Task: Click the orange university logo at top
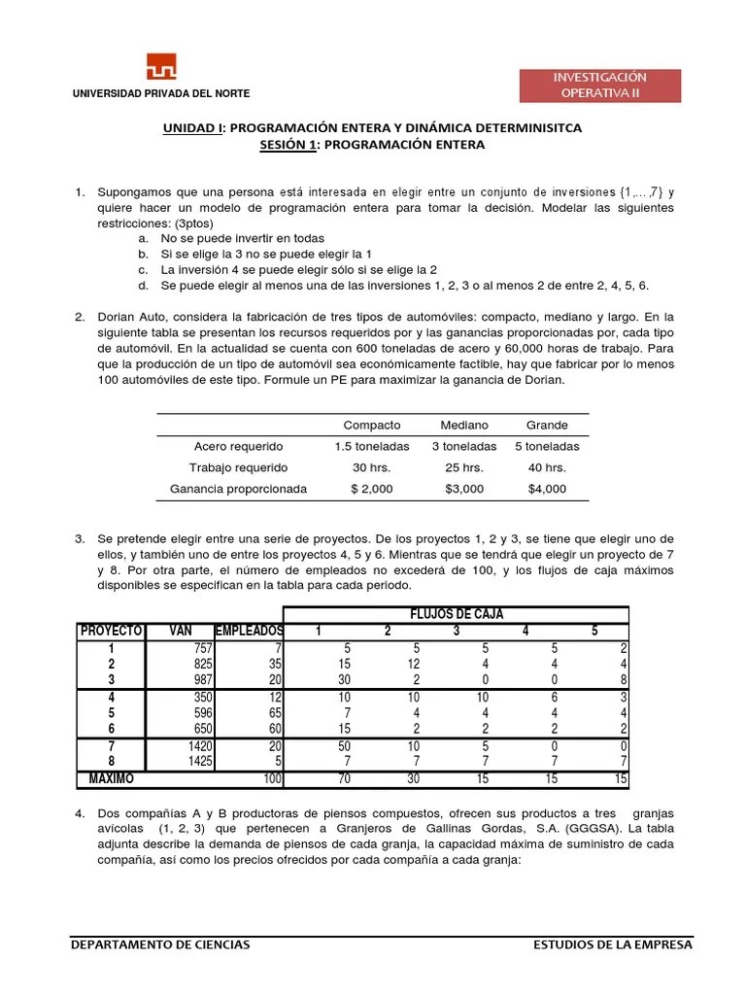coord(161,67)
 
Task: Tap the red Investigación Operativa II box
coord(599,86)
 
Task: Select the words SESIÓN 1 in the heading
coord(286,144)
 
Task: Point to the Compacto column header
coord(372,425)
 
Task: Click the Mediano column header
coord(464,425)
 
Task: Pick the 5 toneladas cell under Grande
coord(547,446)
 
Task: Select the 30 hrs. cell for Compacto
coord(372,467)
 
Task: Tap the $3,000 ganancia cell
coord(464,489)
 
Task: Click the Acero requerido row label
coord(238,446)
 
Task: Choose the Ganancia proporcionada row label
coord(238,489)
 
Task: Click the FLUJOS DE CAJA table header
coord(456,613)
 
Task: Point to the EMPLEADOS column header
coord(248,631)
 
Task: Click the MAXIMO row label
coord(112,778)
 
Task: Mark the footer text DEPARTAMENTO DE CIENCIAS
coord(160,944)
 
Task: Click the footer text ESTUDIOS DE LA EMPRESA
coord(614,944)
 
